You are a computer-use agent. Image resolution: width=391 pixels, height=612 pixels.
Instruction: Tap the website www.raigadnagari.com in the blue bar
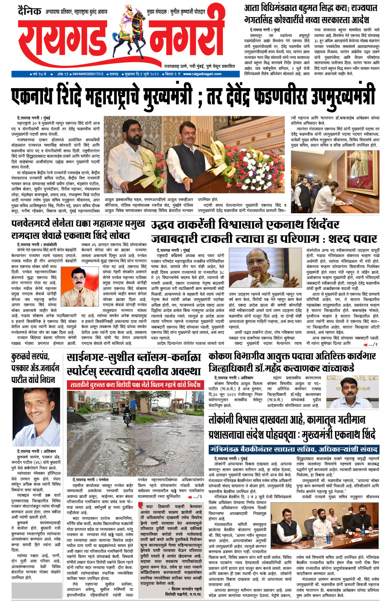[202, 74]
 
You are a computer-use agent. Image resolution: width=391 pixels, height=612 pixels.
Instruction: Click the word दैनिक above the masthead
[30, 11]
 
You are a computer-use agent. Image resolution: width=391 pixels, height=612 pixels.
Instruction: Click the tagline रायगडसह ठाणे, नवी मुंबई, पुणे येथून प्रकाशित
[200, 66]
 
